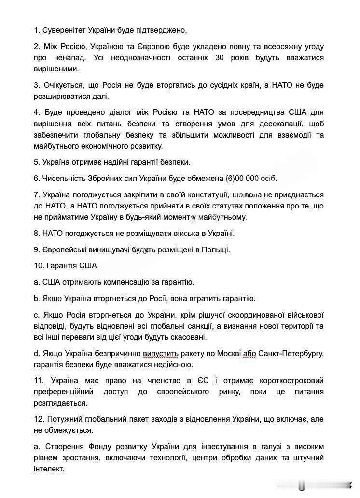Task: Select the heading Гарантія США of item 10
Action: coord(71,266)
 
